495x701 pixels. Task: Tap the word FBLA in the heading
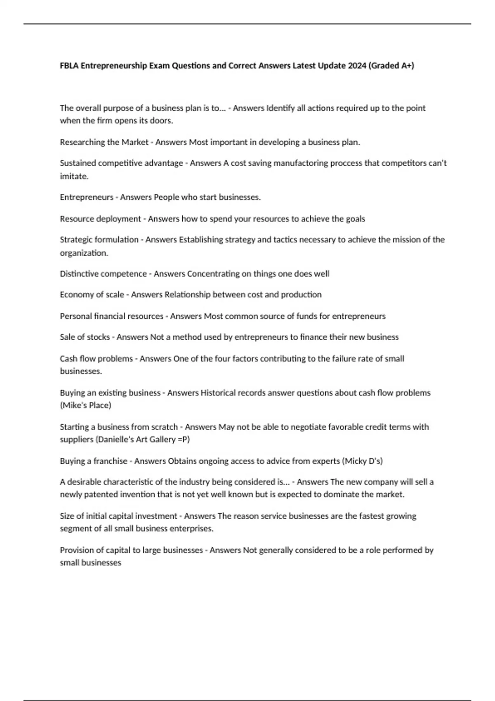69,66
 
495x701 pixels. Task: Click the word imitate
74,176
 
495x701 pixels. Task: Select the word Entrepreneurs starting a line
86,198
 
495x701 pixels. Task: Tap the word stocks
99,337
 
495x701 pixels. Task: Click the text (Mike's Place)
85,405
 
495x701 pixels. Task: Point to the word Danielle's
117,440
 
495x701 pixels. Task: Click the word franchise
110,461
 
